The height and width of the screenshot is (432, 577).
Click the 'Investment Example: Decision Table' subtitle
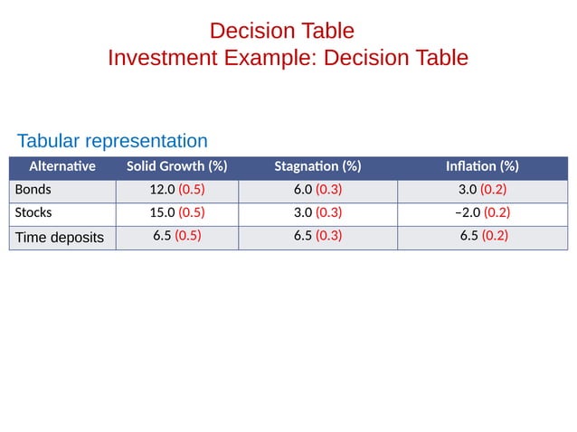point(288,58)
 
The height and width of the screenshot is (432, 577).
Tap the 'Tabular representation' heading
point(112,141)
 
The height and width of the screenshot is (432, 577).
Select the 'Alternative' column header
point(62,166)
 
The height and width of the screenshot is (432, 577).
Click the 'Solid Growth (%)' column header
point(176,166)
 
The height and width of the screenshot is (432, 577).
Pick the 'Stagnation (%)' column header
point(317,166)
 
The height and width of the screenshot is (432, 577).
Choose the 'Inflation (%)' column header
point(482,166)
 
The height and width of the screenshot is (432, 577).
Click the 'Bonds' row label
point(33,190)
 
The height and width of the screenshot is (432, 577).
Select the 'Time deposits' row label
point(60,237)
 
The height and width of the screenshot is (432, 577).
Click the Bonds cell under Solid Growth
point(176,190)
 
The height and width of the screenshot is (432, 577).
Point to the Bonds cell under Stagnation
point(317,190)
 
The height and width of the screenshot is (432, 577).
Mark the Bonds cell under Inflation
point(482,190)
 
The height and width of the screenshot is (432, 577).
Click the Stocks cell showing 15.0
point(176,213)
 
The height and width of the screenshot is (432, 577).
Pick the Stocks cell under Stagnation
point(317,213)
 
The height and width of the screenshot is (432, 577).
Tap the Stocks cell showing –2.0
point(482,213)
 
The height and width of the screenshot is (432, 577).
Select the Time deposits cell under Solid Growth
point(176,236)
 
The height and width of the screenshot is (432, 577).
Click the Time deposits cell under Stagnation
point(317,236)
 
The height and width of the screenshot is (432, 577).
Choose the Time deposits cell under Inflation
point(482,236)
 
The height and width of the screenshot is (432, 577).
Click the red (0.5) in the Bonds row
point(192,190)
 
